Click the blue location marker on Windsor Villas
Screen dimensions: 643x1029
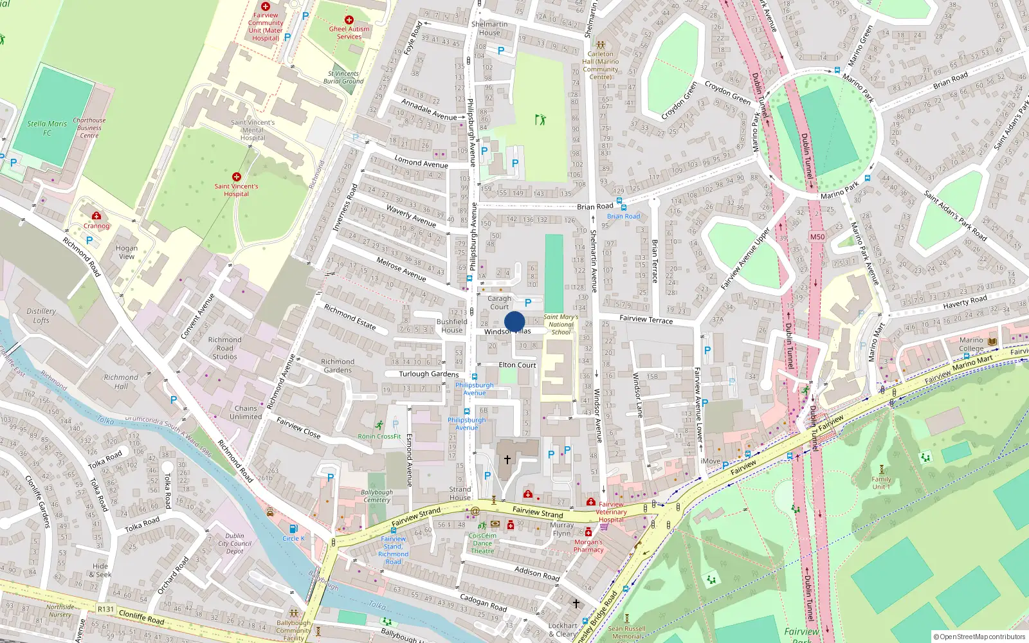click(x=514, y=322)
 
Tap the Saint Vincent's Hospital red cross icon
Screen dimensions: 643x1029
click(x=237, y=177)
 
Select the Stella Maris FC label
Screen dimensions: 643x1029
click(x=47, y=128)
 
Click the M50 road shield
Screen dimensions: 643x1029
click(x=817, y=237)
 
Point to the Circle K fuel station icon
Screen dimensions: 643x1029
click(x=294, y=529)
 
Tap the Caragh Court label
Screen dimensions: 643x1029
click(x=499, y=303)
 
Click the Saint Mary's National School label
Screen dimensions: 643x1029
click(x=561, y=324)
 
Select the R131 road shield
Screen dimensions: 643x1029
click(x=105, y=609)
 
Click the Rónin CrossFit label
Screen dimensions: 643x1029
click(x=379, y=436)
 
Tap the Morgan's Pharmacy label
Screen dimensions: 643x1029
click(x=588, y=546)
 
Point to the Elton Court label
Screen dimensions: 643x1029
click(x=517, y=365)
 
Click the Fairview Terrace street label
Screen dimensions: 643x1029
click(x=646, y=319)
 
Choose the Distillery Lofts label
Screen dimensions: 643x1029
click(x=41, y=315)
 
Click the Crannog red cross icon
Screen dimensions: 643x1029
click(x=96, y=216)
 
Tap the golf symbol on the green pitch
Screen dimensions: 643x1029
click(x=540, y=120)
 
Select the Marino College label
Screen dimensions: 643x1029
click(x=971, y=344)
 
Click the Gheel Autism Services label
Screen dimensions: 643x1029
click(x=349, y=32)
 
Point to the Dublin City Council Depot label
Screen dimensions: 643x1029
click(x=235, y=543)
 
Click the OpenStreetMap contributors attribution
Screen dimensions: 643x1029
click(x=980, y=637)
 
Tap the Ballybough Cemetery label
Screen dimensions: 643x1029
click(x=376, y=496)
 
